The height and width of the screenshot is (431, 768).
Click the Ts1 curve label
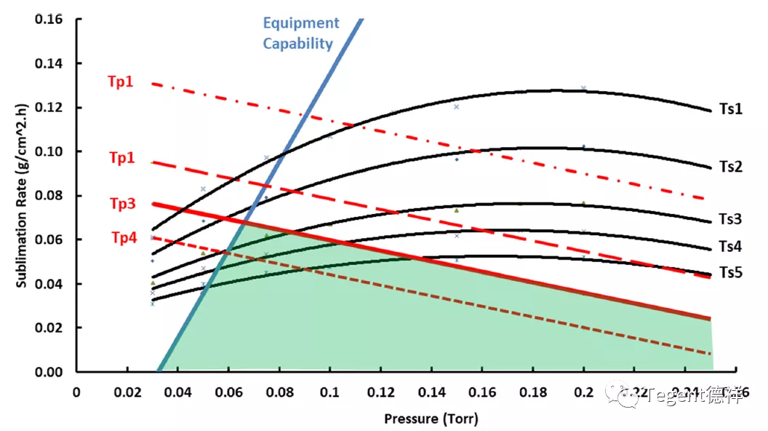[x=730, y=109]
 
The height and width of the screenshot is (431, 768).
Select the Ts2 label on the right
[x=730, y=167]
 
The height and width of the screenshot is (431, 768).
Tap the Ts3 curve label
[x=730, y=219]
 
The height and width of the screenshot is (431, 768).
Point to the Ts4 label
[x=730, y=247]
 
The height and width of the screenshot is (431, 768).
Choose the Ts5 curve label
[x=730, y=272]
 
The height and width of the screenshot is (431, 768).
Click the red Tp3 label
[x=121, y=205]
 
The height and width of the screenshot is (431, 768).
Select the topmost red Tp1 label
[x=121, y=82]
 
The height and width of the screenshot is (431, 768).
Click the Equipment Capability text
[x=300, y=33]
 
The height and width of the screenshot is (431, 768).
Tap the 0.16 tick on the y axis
[x=49, y=19]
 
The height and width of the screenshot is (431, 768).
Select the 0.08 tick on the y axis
[x=49, y=195]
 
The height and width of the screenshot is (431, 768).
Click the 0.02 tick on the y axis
[x=49, y=328]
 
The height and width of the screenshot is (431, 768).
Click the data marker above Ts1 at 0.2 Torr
[x=583, y=88]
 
